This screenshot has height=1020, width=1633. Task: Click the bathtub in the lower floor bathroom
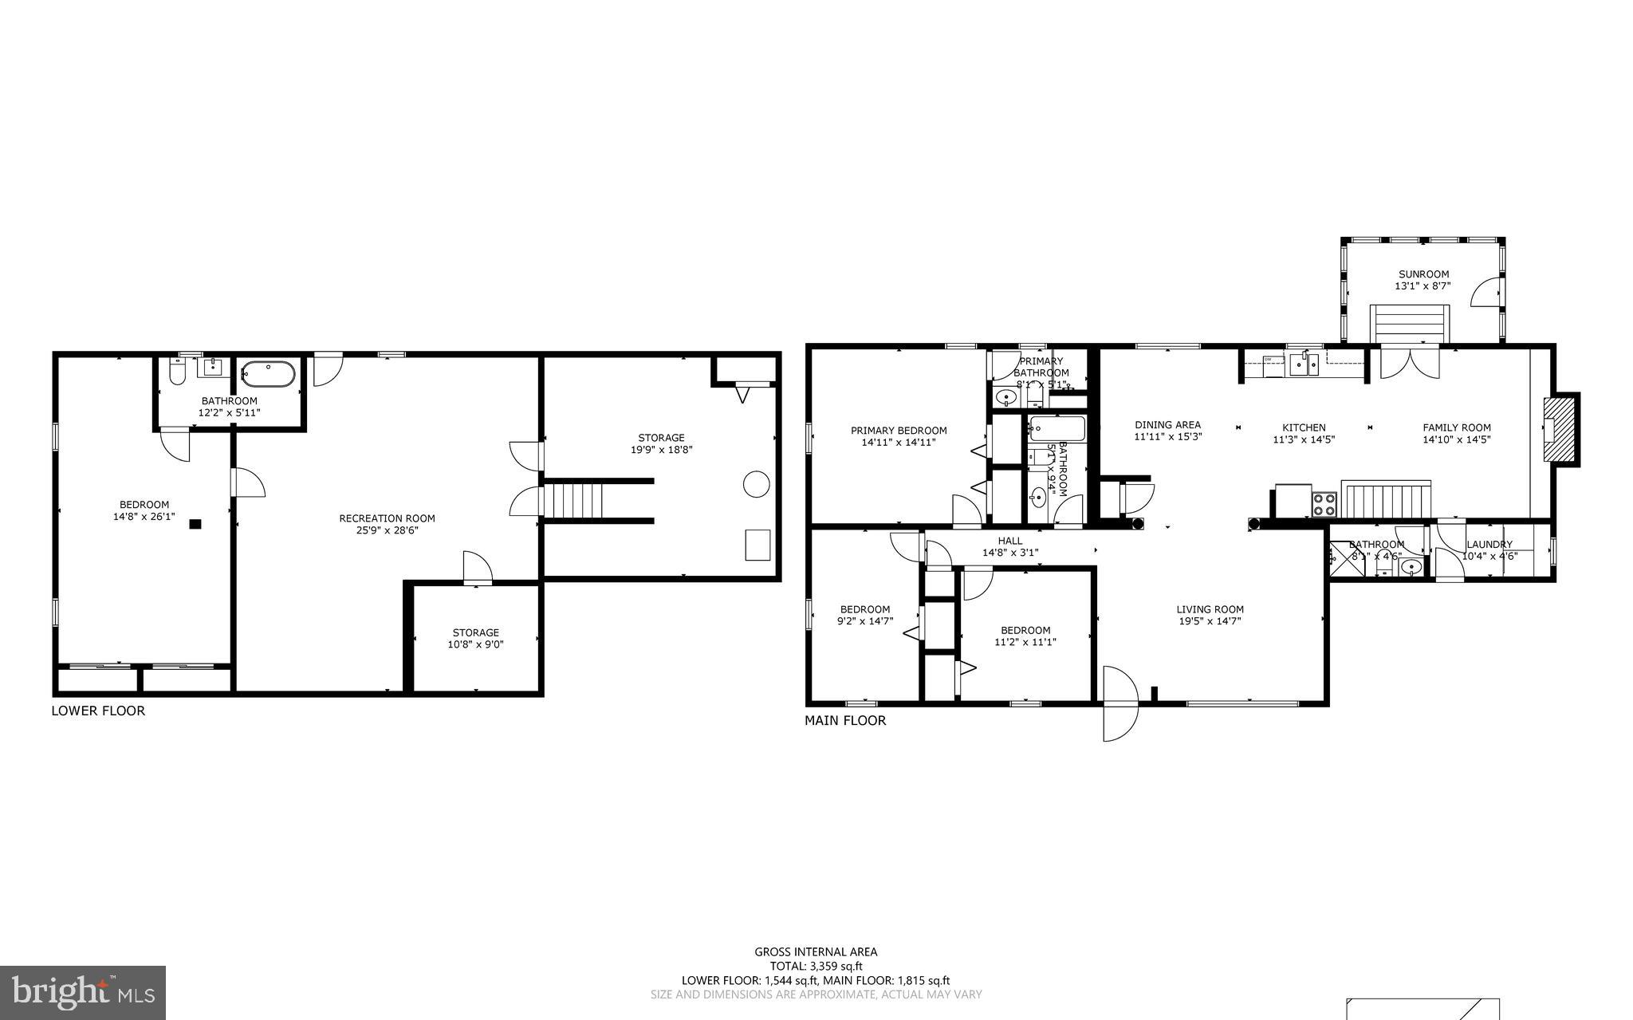(268, 374)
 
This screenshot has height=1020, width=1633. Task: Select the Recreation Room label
(387, 518)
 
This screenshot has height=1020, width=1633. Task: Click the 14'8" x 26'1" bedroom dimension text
(144, 517)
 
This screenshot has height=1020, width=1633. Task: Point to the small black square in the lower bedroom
(195, 524)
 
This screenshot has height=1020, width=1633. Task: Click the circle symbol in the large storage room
(756, 484)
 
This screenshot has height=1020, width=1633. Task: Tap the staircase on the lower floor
(573, 499)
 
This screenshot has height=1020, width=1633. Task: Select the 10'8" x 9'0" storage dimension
(475, 644)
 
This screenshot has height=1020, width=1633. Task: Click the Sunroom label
(1423, 274)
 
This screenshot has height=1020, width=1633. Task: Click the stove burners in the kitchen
(1324, 504)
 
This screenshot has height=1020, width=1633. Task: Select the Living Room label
(1210, 609)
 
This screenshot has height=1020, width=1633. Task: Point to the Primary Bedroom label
(899, 431)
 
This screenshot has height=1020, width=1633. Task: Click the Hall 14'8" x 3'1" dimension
(1009, 552)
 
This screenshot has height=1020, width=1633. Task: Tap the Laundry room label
(1489, 545)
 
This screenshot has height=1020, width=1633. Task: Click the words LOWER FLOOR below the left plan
(98, 711)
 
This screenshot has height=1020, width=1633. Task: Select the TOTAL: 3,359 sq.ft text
(816, 966)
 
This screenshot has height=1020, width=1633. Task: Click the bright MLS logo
(83, 992)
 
